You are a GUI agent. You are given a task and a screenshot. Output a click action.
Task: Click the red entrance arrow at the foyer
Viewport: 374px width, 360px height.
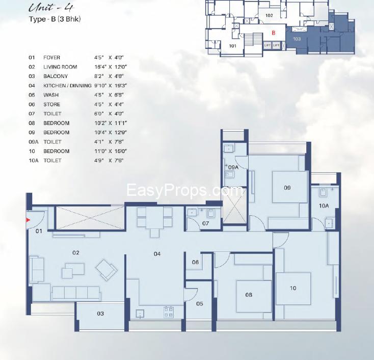click(28, 220)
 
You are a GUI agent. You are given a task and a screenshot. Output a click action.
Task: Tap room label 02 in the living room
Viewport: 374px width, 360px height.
click(76, 253)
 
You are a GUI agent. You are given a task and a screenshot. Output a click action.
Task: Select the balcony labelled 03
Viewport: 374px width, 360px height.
click(100, 316)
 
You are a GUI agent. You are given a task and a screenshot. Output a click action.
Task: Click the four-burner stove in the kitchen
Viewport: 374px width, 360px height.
click(168, 312)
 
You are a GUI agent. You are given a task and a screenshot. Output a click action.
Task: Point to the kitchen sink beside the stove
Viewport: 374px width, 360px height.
click(140, 314)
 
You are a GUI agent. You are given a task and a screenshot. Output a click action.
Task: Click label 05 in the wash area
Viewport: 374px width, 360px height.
click(200, 304)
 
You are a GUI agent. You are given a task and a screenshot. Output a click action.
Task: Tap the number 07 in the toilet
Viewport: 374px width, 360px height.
click(206, 223)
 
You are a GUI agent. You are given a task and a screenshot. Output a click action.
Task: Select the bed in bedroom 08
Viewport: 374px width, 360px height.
click(254, 296)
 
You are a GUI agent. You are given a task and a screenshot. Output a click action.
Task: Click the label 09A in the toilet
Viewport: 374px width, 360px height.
click(233, 167)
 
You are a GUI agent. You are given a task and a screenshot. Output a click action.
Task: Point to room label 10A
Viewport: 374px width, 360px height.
click(324, 206)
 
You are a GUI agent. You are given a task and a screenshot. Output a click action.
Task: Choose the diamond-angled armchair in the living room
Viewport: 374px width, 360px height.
click(106, 270)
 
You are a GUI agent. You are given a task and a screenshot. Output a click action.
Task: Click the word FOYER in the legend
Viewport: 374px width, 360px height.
click(52, 58)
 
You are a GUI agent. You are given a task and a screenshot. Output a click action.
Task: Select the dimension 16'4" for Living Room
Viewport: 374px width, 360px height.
click(100, 67)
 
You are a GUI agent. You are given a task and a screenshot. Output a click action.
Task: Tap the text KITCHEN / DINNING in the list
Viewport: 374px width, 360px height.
click(67, 86)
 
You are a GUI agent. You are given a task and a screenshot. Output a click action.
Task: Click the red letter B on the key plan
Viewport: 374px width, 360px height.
click(274, 33)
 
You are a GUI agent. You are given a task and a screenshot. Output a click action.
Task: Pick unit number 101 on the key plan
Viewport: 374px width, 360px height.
click(232, 46)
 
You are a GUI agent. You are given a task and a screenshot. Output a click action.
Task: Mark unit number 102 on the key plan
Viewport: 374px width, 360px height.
click(269, 15)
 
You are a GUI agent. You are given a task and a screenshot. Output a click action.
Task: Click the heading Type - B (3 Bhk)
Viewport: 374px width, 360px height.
click(55, 19)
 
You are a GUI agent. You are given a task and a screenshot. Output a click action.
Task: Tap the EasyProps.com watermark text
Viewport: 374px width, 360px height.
click(184, 190)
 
